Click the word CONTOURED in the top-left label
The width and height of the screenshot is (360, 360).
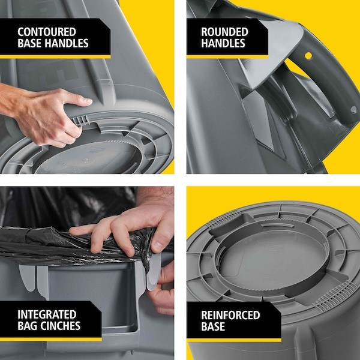click(x=46, y=31)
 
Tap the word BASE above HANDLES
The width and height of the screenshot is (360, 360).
click(x=31, y=43)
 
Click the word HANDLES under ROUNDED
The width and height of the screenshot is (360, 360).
click(x=223, y=43)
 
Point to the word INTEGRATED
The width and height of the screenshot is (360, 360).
click(x=47, y=314)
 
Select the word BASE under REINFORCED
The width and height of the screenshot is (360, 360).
click(x=214, y=327)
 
